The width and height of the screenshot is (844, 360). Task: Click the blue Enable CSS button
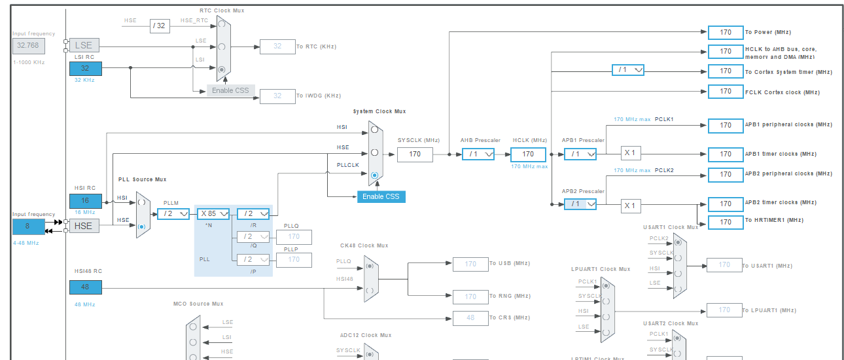click(381, 196)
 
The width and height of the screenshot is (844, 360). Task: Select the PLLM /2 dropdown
click(173, 214)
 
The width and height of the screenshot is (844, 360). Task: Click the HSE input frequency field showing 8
click(28, 226)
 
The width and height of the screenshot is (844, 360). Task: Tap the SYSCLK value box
click(415, 154)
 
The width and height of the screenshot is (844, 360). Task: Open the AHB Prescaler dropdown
click(478, 154)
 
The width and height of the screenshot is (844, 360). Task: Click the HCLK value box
click(527, 154)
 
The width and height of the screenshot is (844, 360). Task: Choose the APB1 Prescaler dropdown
click(580, 154)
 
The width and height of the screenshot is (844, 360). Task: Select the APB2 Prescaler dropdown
click(580, 204)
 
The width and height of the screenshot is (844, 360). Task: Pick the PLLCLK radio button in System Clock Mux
click(374, 175)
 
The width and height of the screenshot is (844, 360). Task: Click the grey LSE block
click(84, 46)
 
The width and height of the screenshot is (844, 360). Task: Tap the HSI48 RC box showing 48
click(86, 287)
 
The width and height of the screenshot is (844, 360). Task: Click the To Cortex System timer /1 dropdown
click(627, 70)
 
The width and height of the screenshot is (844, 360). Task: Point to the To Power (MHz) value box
click(725, 32)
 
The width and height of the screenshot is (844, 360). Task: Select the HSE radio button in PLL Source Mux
click(141, 226)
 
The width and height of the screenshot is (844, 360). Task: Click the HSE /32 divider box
click(160, 26)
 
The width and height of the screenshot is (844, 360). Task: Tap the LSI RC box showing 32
click(86, 68)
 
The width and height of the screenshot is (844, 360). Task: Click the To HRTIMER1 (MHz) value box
click(725, 223)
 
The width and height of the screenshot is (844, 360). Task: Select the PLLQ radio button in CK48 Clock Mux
click(370, 266)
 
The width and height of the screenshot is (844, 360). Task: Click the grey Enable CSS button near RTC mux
click(230, 90)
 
